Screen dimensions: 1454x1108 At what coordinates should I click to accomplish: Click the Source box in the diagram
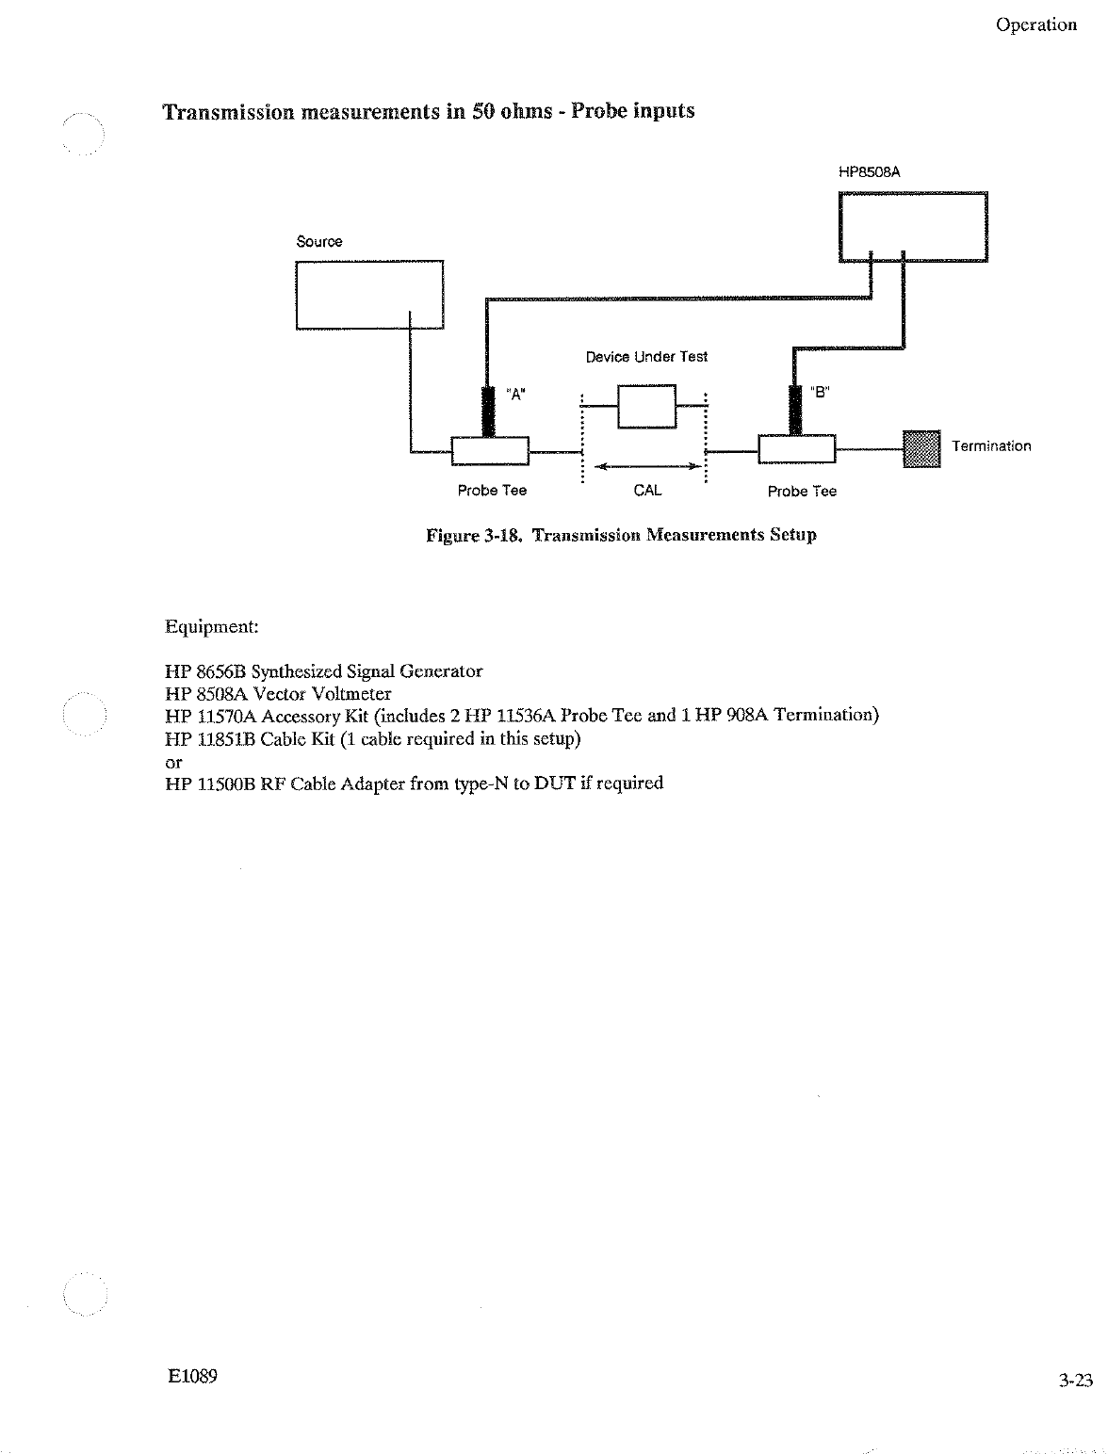(x=369, y=295)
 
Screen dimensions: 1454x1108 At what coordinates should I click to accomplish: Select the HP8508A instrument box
(x=913, y=226)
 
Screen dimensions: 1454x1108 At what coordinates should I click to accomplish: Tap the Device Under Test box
(x=646, y=406)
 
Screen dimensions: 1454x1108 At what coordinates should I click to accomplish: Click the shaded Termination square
(x=921, y=448)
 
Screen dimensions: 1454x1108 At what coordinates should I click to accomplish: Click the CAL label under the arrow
(x=647, y=491)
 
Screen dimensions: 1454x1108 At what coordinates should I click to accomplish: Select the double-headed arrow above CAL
(x=647, y=466)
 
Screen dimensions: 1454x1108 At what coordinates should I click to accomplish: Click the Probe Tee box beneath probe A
(x=490, y=451)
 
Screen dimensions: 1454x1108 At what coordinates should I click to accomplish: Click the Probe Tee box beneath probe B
(x=796, y=450)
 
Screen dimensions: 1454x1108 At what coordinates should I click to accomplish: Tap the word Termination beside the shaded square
(x=991, y=446)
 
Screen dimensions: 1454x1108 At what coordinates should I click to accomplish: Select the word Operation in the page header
(x=1035, y=25)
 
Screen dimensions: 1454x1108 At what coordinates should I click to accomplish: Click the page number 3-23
(x=1074, y=1381)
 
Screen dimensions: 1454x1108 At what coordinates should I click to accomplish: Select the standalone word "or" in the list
(x=172, y=761)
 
